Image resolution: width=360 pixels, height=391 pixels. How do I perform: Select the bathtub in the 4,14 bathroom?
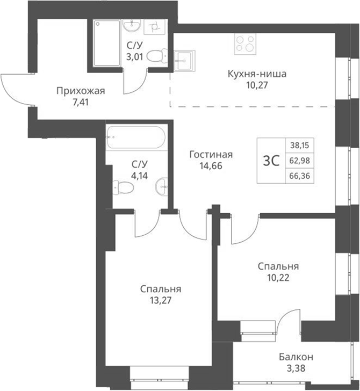[134, 138]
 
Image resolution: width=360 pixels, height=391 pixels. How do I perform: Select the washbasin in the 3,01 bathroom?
[131, 26]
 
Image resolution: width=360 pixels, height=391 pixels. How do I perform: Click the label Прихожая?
[80, 90]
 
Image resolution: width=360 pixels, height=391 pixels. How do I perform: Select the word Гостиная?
[211, 155]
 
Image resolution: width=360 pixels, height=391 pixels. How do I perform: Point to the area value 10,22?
[278, 278]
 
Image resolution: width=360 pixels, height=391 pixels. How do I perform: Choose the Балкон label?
[296, 357]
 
